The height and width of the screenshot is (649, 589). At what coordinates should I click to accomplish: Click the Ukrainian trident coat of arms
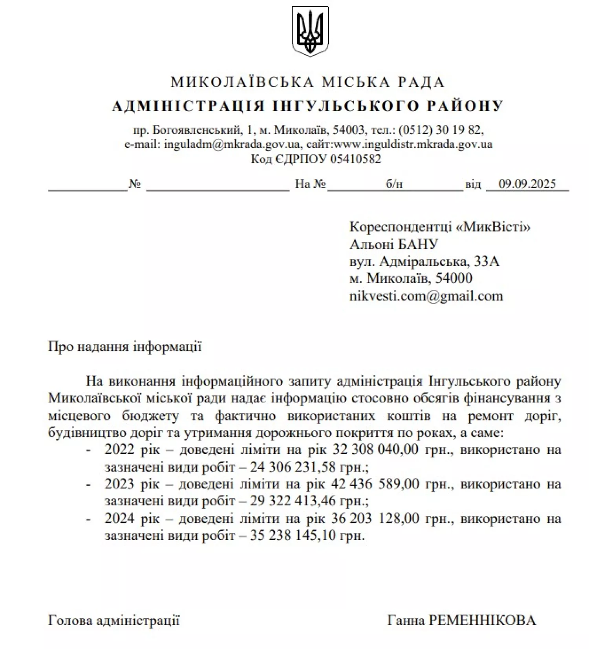[310, 31]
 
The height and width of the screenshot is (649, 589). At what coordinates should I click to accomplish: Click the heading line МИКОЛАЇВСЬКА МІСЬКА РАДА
[308, 82]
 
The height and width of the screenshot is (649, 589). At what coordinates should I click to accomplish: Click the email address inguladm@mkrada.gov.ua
[232, 144]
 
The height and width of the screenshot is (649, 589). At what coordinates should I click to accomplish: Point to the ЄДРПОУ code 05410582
[355, 159]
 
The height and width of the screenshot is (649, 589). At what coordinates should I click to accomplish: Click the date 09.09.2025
[527, 184]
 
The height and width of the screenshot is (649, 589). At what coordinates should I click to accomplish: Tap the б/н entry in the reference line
[394, 184]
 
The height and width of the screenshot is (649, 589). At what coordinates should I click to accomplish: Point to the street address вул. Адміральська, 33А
[424, 261]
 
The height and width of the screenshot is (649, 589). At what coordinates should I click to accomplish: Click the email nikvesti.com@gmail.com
[426, 296]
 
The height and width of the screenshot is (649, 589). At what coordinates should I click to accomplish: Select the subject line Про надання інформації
[125, 347]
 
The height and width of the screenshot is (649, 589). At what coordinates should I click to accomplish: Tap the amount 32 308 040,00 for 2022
[376, 449]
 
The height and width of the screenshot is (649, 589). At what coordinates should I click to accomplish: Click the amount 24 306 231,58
[293, 467]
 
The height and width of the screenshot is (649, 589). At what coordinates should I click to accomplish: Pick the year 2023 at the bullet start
[119, 484]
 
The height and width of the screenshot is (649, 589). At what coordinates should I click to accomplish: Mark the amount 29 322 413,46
[293, 501]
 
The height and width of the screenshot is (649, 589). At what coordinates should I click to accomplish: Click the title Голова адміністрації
[114, 620]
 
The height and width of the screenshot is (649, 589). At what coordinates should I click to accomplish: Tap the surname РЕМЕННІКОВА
[482, 620]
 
